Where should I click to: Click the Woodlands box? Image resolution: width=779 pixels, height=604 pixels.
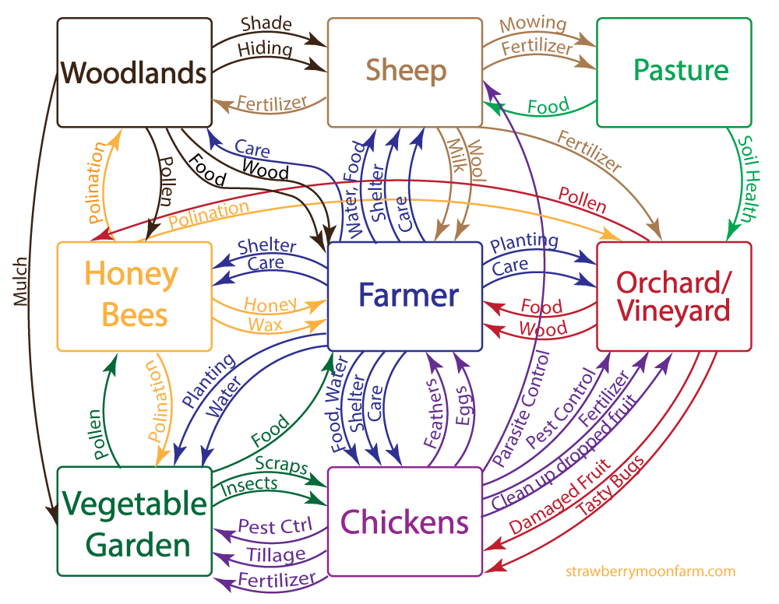click(x=135, y=72)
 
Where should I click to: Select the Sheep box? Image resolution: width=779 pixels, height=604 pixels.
click(x=405, y=72)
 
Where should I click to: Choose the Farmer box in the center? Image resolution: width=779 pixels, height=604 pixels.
click(x=405, y=296)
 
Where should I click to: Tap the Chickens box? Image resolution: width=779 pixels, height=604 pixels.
click(x=405, y=521)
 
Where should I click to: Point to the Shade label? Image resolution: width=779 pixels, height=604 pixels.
click(x=266, y=24)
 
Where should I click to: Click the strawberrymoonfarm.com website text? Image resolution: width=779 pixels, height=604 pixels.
click(x=650, y=571)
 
